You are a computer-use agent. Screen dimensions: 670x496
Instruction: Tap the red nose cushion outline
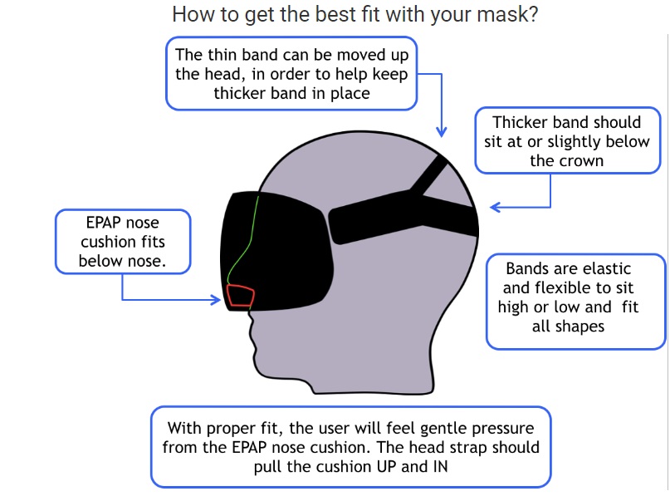pyautogui.click(x=241, y=287)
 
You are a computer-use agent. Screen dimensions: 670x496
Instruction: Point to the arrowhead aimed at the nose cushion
pyautogui.click(x=216, y=299)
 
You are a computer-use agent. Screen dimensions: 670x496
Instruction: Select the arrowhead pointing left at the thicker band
pyautogui.click(x=495, y=208)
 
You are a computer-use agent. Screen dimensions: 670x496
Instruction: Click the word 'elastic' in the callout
pyautogui.click(x=607, y=269)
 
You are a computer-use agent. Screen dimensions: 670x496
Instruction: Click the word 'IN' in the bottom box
pyautogui.click(x=441, y=466)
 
